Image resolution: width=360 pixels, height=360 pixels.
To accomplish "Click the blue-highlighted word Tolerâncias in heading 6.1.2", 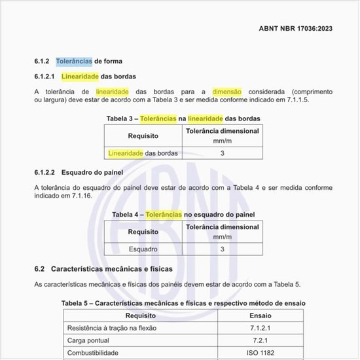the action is pyautogui.click(x=73, y=62).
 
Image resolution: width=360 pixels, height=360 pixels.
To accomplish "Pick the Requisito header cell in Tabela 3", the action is pyautogui.click(x=143, y=135).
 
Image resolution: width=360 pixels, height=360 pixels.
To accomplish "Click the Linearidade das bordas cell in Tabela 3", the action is pyautogui.click(x=143, y=153).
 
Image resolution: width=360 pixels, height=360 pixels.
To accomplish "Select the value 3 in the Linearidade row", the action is pyautogui.click(x=223, y=153).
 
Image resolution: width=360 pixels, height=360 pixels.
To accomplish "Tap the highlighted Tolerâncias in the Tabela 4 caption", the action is pyautogui.click(x=164, y=214).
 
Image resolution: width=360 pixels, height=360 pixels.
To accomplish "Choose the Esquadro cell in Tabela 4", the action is pyautogui.click(x=143, y=249).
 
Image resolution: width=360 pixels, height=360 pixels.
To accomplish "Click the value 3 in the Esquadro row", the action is pyautogui.click(x=223, y=249).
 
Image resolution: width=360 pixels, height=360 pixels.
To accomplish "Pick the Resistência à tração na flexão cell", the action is pyautogui.click(x=112, y=327).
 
